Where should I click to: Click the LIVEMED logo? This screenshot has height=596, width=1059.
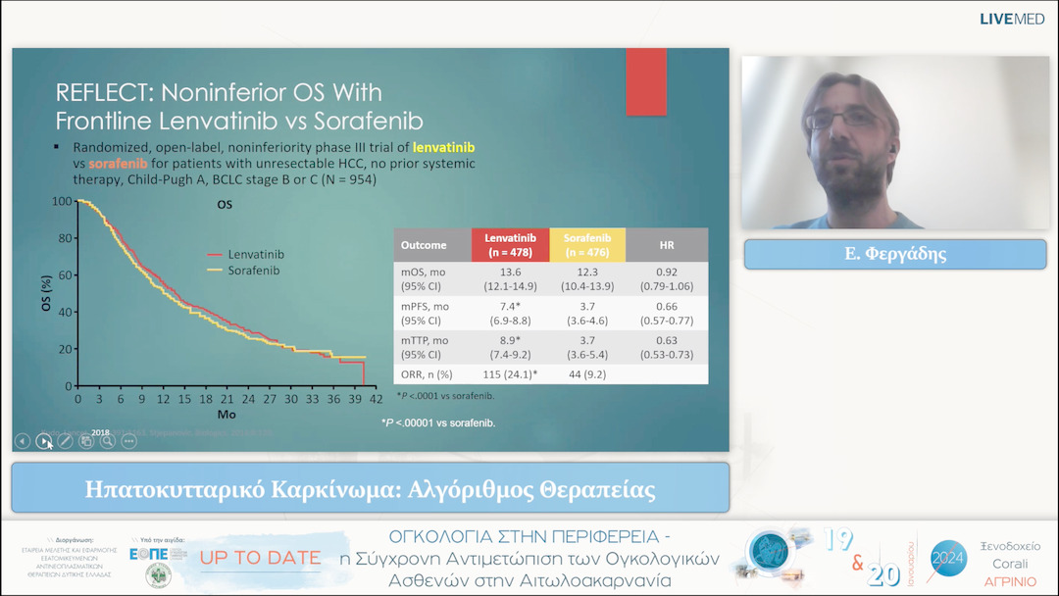pyautogui.click(x=1017, y=19)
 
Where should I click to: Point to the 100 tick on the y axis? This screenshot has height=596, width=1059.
pyautogui.click(x=62, y=201)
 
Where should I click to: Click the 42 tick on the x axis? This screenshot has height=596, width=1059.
pyautogui.click(x=376, y=400)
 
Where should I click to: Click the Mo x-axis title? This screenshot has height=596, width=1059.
pyautogui.click(x=227, y=415)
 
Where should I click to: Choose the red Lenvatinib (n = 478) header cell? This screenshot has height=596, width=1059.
pyautogui.click(x=510, y=245)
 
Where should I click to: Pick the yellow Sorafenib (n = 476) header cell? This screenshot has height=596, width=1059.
pyautogui.click(x=588, y=245)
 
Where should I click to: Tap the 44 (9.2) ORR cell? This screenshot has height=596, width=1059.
pyautogui.click(x=588, y=374)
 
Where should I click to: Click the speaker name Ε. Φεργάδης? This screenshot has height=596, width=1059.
pyautogui.click(x=895, y=254)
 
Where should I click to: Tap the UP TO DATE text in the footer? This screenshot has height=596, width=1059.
pyautogui.click(x=260, y=558)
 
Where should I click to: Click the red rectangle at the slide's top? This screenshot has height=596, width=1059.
pyautogui.click(x=646, y=81)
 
